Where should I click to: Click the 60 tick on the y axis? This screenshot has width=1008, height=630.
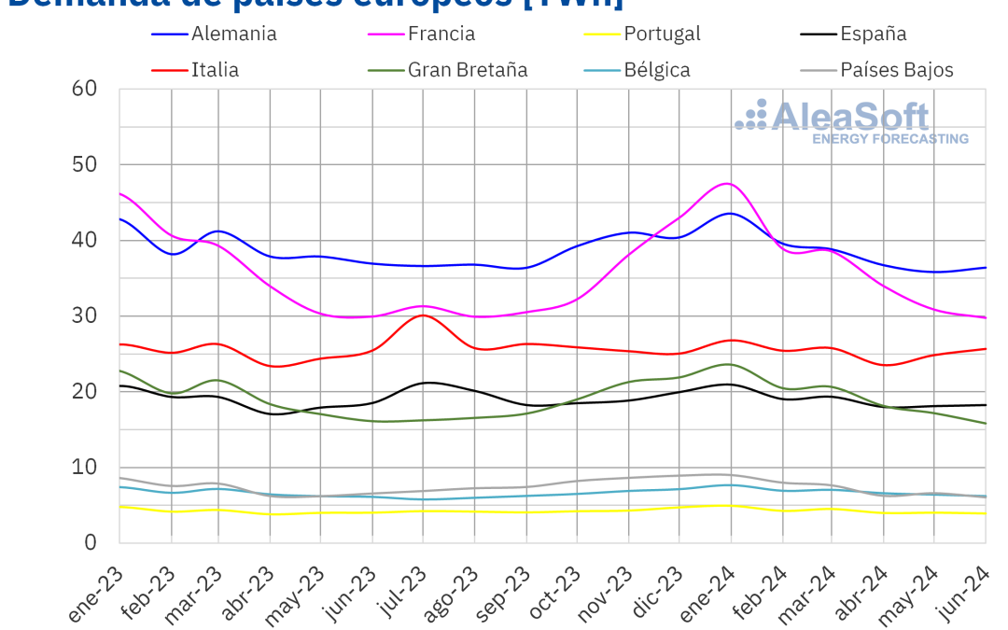pos(85,89)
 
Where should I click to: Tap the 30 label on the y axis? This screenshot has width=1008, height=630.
pos(85,315)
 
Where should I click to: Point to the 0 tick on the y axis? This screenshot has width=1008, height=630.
pos(91,542)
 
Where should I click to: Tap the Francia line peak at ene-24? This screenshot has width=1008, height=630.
pos(728,183)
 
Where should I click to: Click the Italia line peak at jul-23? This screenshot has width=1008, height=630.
pos(424,315)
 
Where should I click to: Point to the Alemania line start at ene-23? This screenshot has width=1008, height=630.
pos(120,218)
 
